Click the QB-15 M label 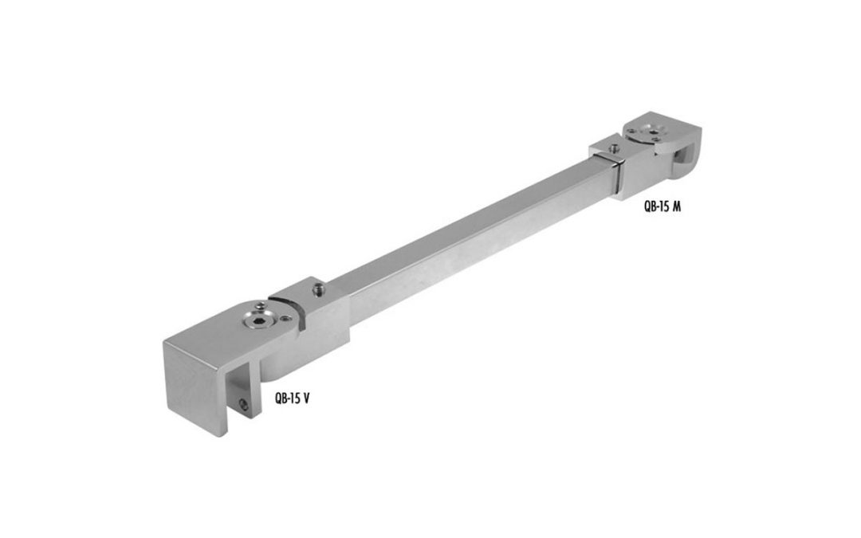point(662,205)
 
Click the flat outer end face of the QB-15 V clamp point(193,387)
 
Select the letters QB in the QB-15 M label point(650,205)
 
